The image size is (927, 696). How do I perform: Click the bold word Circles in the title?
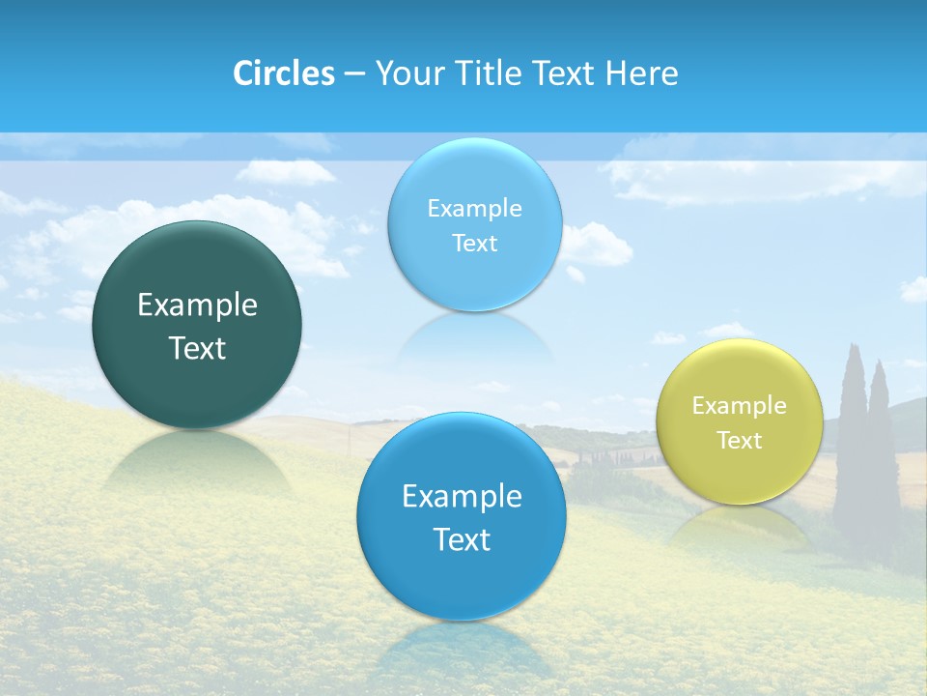click(x=283, y=73)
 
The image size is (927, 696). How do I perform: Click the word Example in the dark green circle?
click(x=197, y=305)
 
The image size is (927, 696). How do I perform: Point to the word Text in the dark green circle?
click(x=197, y=348)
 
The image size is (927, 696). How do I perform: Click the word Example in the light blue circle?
click(x=474, y=209)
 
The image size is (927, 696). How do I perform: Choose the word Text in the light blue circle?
click(x=474, y=244)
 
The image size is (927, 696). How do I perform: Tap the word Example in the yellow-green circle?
click(x=739, y=406)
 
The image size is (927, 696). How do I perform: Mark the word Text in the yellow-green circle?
click(x=739, y=441)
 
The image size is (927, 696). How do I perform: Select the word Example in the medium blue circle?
click(x=462, y=497)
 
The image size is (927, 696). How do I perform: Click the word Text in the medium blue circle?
click(x=462, y=539)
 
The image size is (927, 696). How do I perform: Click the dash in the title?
click(x=353, y=73)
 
